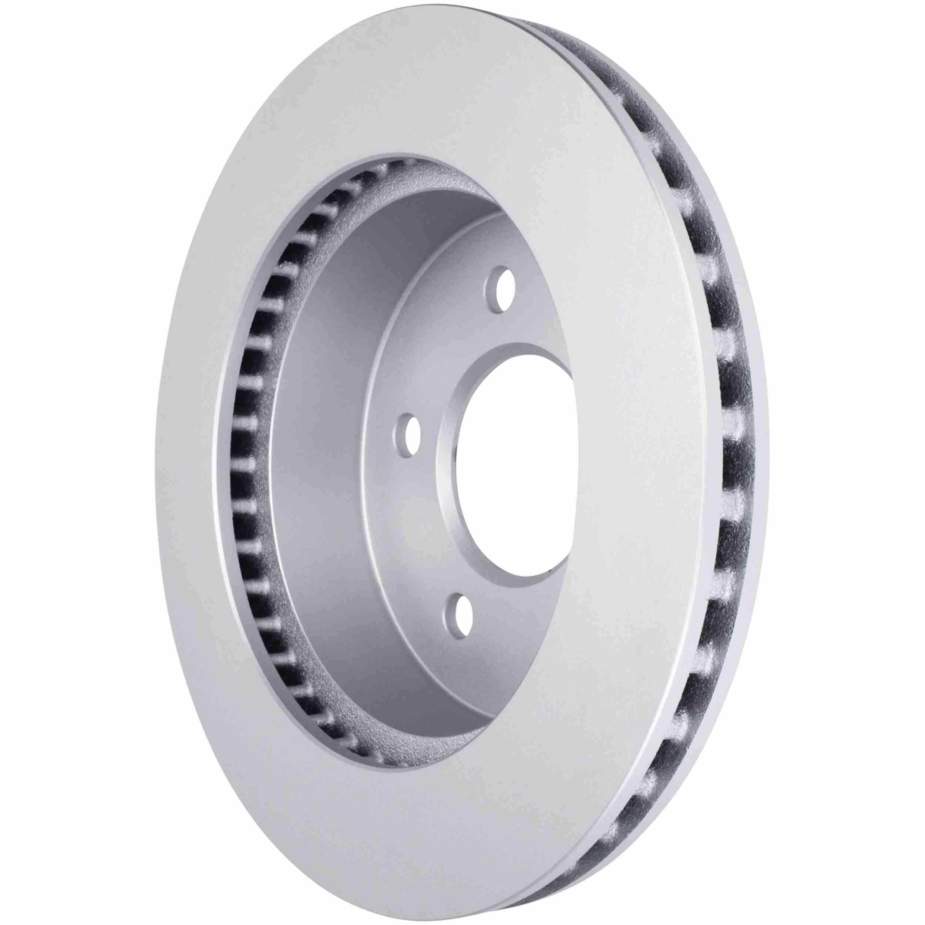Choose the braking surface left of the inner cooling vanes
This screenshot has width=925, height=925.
click(187, 460)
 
